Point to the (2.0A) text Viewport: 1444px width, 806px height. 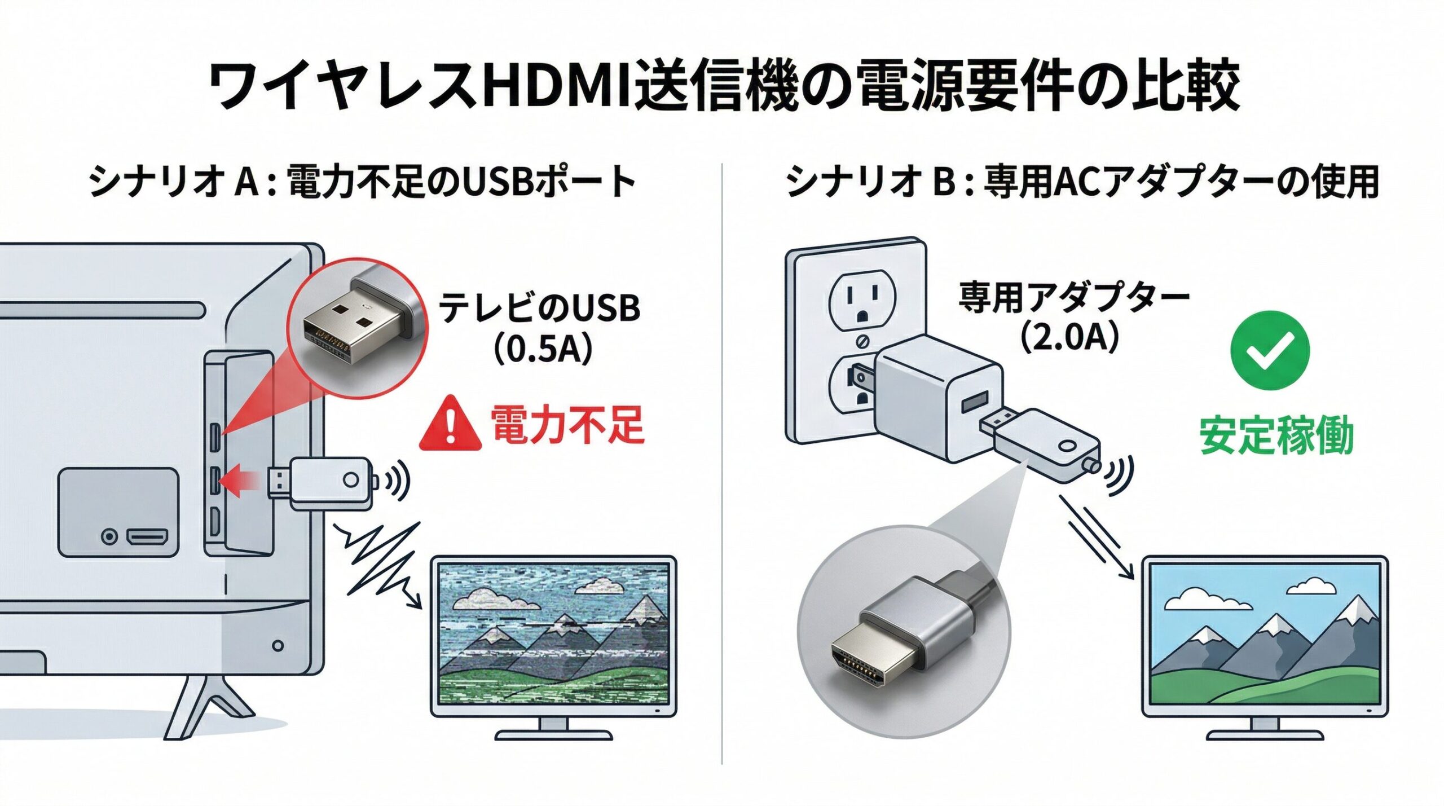(x=1068, y=337)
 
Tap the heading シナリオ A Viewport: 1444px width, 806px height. (x=175, y=182)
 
